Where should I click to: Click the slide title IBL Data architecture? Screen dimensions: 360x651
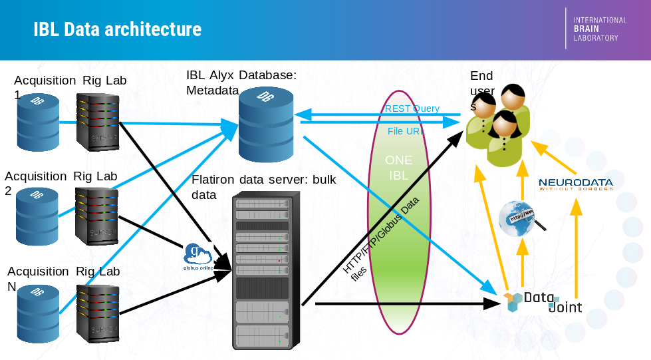117,30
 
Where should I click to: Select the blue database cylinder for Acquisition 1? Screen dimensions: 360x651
38,122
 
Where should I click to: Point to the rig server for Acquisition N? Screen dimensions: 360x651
98,313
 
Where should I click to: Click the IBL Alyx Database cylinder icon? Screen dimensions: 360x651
265,124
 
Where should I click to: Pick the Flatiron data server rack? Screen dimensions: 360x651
263,270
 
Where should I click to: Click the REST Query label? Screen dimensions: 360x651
412,108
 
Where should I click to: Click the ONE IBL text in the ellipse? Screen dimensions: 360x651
398,168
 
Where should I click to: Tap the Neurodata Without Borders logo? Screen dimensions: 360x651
575,184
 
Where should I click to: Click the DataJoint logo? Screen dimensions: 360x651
542,302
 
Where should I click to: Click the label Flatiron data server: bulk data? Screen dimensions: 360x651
263,187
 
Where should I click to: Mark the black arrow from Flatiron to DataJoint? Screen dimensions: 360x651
406,304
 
